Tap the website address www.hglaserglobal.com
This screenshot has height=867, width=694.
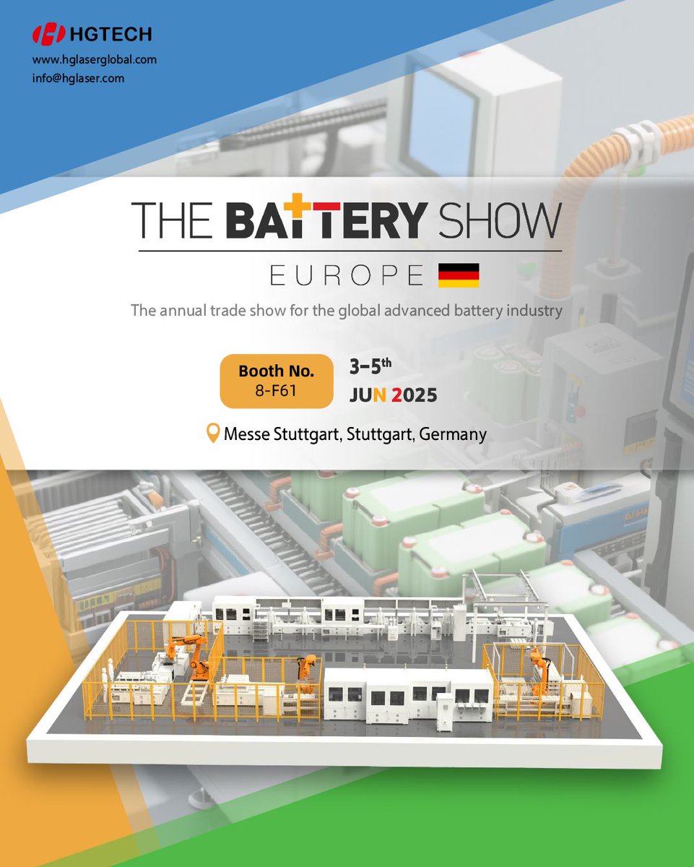(x=95, y=60)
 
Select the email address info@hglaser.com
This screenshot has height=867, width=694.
(x=78, y=78)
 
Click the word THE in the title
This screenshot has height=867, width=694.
(x=173, y=219)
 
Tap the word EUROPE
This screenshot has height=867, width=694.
(x=347, y=275)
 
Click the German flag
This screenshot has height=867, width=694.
(x=459, y=275)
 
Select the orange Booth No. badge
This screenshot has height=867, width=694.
(x=277, y=381)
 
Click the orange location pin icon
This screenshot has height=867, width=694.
(x=213, y=433)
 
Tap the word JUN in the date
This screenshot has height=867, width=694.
(x=368, y=395)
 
